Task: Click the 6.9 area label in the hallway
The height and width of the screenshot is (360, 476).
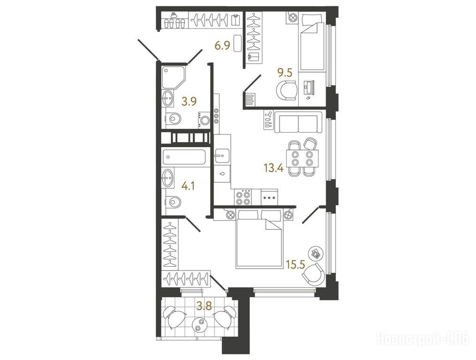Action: pos(222,46)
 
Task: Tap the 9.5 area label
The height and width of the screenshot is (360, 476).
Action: pos(285,73)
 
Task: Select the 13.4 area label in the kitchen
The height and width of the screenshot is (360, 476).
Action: pos(273,167)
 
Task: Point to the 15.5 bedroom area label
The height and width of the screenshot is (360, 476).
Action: pos(295,265)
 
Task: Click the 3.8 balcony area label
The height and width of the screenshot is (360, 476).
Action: pos(204,306)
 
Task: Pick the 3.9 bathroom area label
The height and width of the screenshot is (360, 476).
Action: pos(189,101)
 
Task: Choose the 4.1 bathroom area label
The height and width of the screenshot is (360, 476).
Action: pos(188,185)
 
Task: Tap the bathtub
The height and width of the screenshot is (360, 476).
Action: pos(184,157)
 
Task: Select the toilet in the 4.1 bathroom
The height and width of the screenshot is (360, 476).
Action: pos(173,201)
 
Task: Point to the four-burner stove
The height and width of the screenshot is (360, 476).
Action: pos(243,197)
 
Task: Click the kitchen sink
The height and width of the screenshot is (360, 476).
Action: pos(222,157)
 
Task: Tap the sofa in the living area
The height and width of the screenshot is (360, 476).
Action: pos(298,122)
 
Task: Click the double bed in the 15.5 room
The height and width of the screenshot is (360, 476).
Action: pos(259,239)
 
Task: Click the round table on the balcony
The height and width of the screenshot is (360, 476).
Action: pos(199,325)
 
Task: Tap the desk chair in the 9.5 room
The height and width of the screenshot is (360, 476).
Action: pos(287,90)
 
